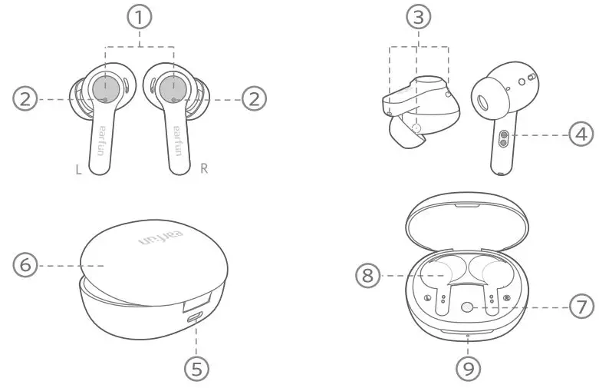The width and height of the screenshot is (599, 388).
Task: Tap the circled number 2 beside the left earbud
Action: pos(25,99)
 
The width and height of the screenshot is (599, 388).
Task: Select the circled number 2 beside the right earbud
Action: pos(254,99)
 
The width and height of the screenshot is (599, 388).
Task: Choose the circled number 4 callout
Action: pos(581,134)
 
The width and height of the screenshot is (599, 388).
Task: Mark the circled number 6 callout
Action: pos(25,265)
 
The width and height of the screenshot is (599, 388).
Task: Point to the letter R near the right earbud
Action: pos(203,169)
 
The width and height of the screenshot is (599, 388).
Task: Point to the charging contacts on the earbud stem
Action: pos(503,136)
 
